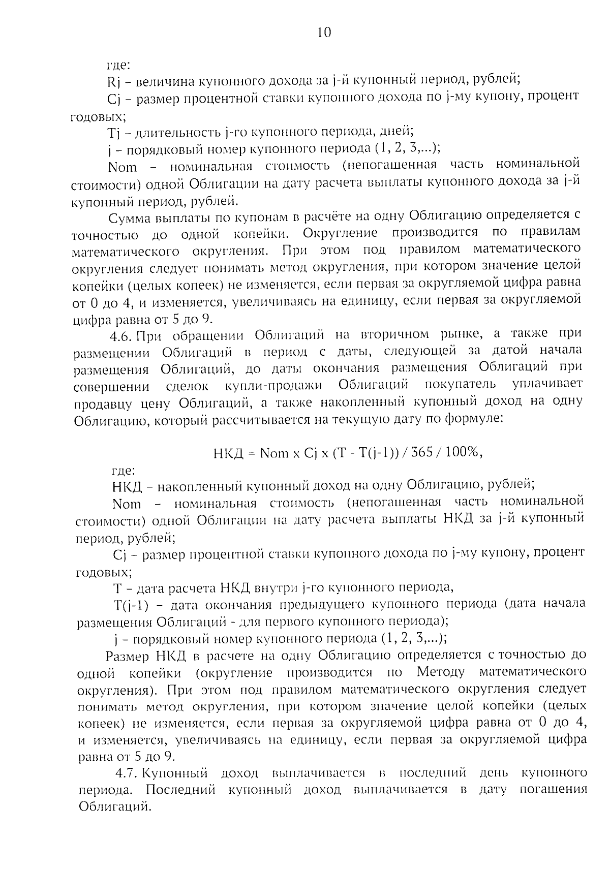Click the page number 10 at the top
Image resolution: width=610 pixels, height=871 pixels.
[324, 33]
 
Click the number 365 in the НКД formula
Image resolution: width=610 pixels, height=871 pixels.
[423, 453]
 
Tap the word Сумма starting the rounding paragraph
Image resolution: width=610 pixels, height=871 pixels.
[129, 217]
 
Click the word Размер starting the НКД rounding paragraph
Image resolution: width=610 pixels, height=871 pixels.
[128, 656]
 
